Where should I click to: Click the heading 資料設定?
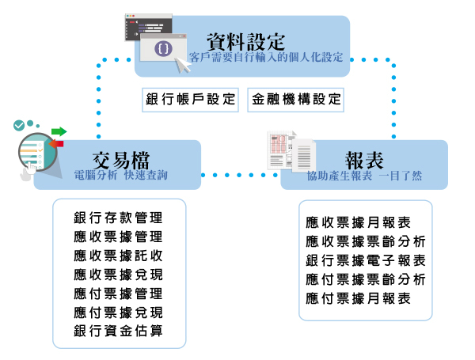[x=245, y=39]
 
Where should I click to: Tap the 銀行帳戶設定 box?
[x=191, y=100]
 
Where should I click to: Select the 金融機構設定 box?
[x=296, y=100]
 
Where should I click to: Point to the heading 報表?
[x=365, y=158]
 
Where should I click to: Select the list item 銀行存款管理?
[x=118, y=217]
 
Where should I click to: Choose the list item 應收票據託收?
[x=118, y=255]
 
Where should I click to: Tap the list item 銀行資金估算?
[x=118, y=330]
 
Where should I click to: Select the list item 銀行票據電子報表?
[x=366, y=260]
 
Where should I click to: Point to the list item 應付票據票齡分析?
[x=366, y=279]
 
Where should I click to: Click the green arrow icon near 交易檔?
[x=59, y=131]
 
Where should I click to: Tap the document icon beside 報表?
[x=290, y=150]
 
